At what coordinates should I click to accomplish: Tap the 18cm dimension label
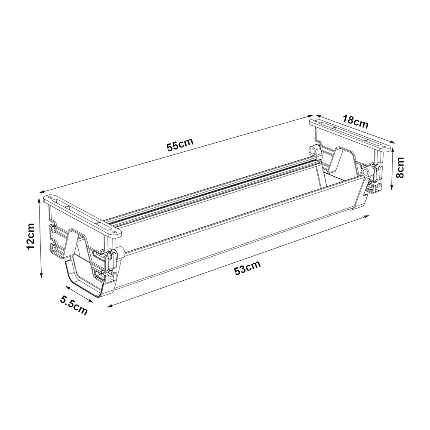(x=355, y=122)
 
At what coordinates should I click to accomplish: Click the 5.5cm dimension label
(x=74, y=305)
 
